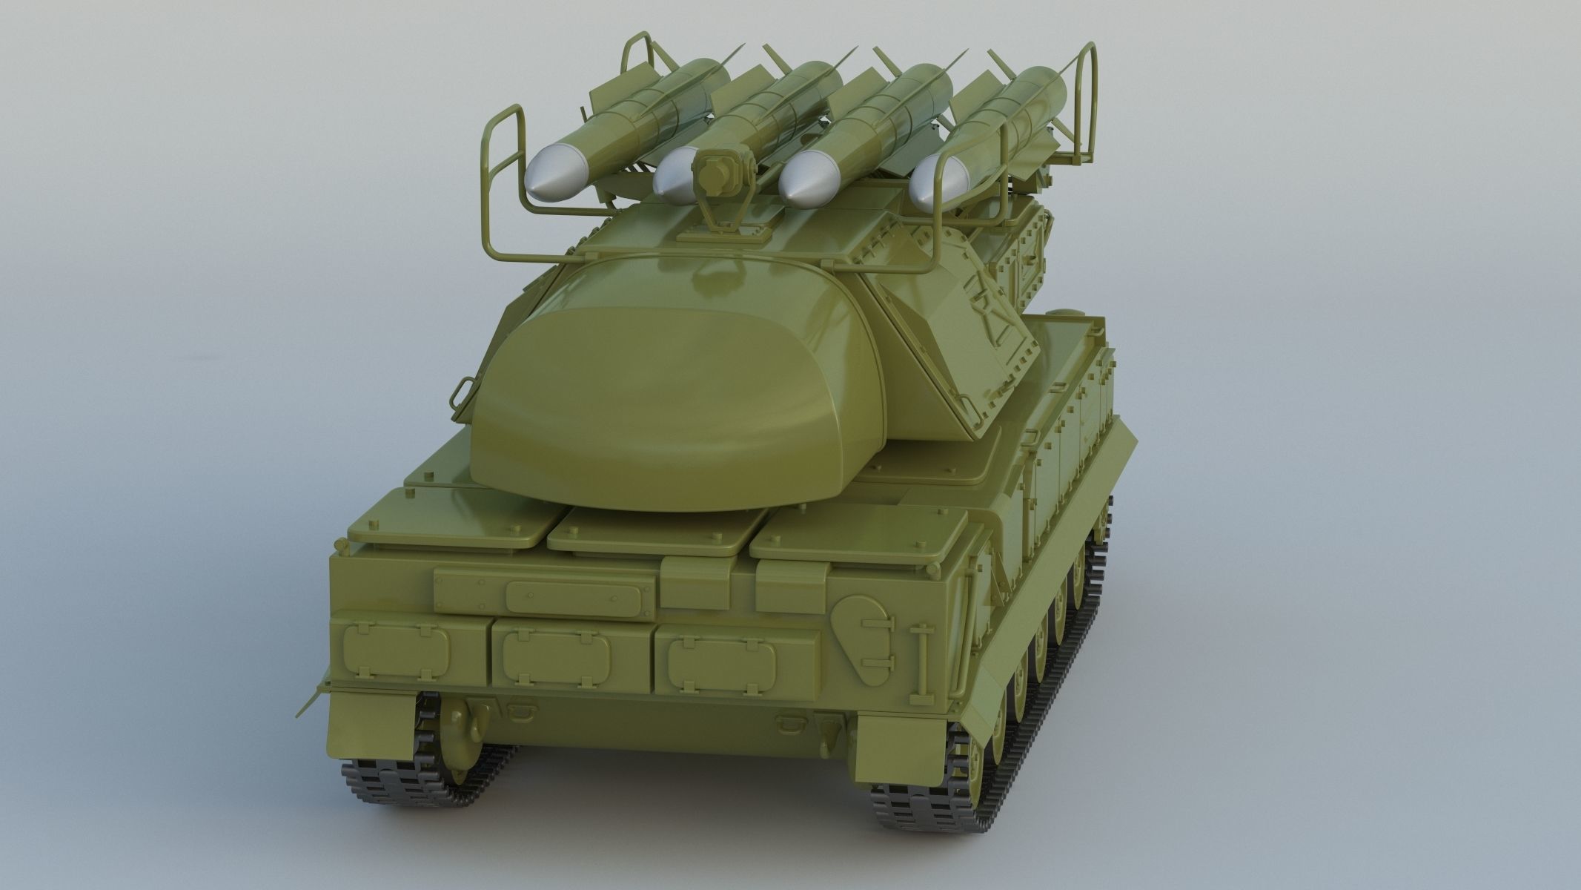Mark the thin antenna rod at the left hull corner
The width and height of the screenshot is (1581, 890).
point(310,702)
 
